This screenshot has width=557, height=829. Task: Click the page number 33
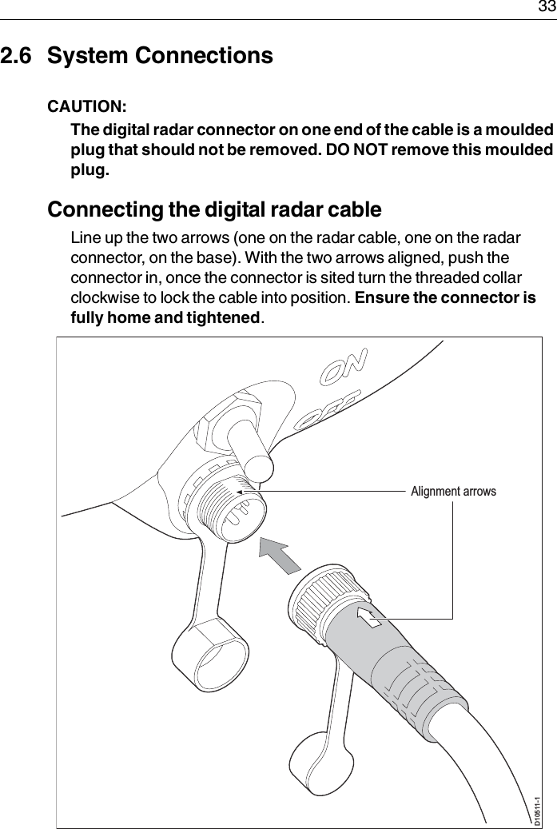[x=546, y=8]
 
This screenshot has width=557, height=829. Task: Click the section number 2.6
[x=18, y=57]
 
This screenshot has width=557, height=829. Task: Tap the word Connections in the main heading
[x=204, y=57]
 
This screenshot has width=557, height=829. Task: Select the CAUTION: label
[x=86, y=106]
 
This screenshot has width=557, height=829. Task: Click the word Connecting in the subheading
[x=101, y=210]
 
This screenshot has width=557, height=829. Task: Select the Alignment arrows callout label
[x=453, y=491]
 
